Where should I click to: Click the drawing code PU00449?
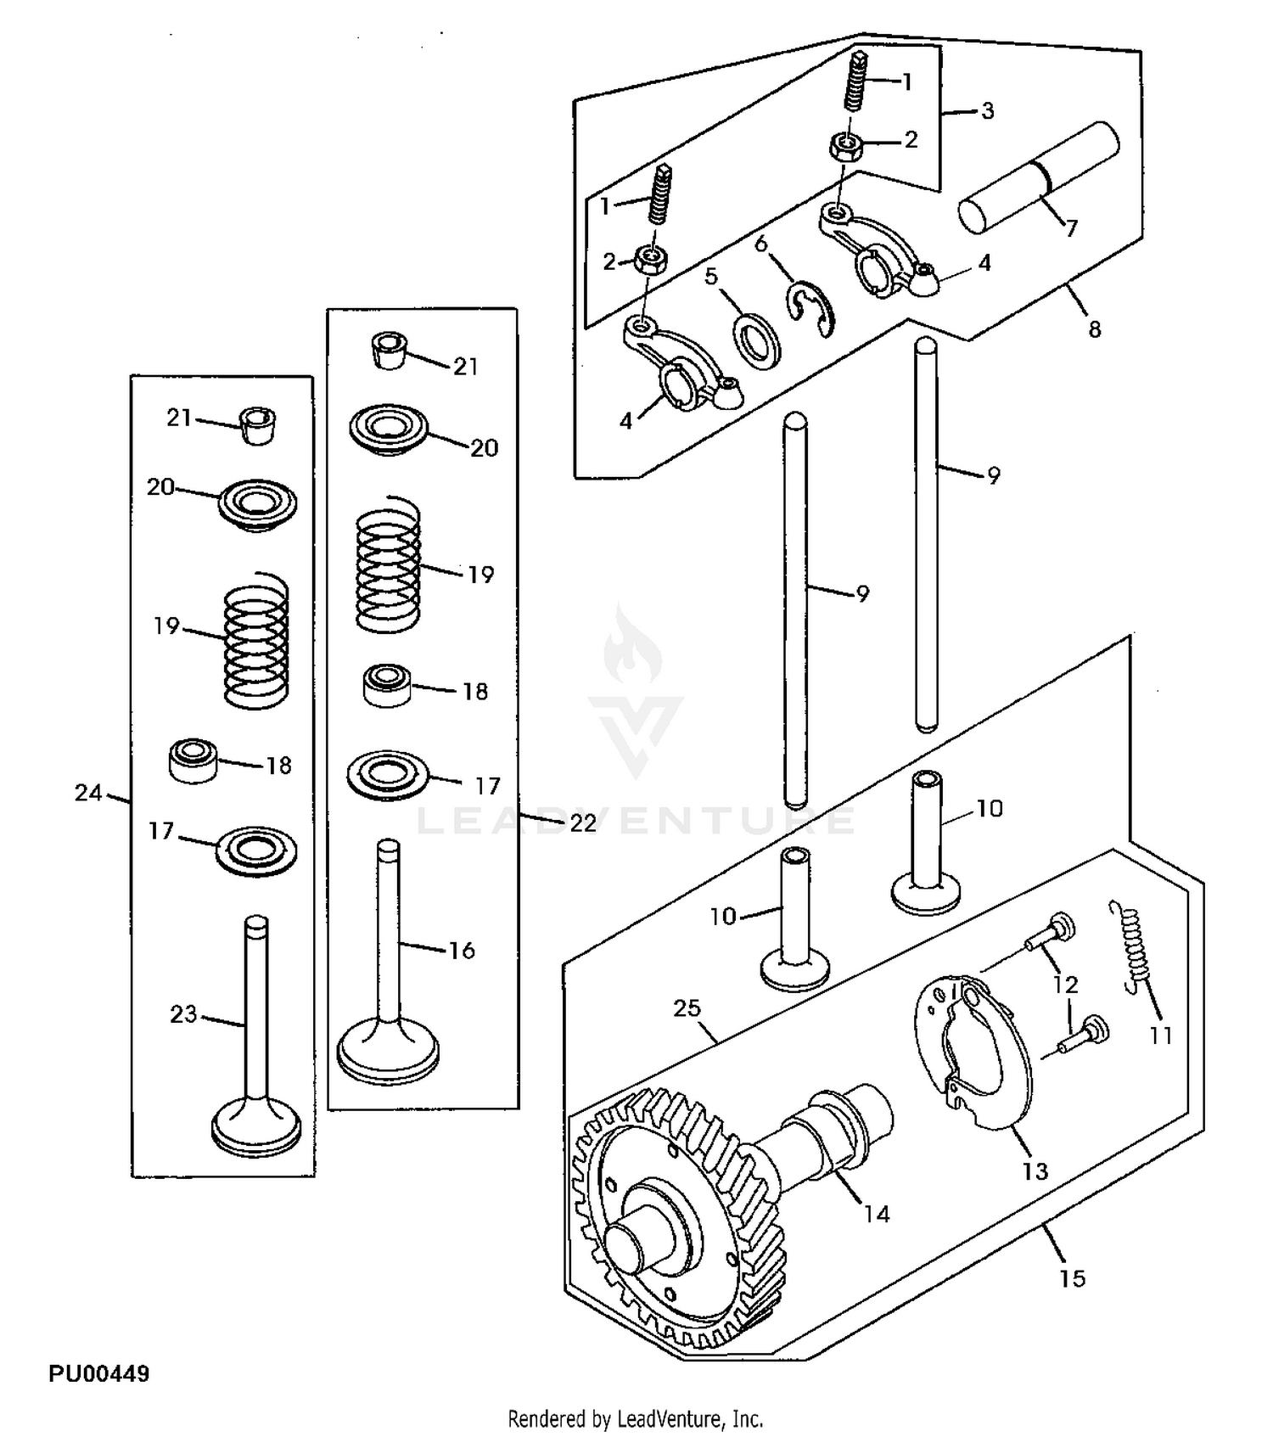pyautogui.click(x=98, y=1374)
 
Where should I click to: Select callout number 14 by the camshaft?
pyautogui.click(x=876, y=1215)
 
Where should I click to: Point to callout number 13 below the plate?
pyautogui.click(x=1035, y=1171)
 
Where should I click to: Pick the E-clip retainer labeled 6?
pyautogui.click(x=812, y=309)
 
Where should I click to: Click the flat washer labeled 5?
pyautogui.click(x=757, y=341)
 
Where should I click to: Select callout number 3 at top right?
pyautogui.click(x=987, y=111)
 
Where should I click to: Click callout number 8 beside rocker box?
pyautogui.click(x=1095, y=329)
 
